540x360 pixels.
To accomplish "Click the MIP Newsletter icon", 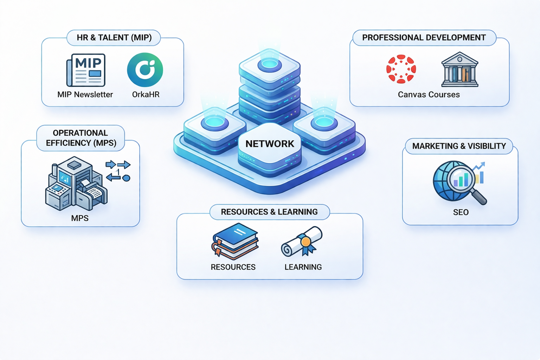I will pos(86,70).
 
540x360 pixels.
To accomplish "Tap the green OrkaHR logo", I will pos(145,70).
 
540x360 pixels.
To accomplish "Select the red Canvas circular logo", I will pos(401,69).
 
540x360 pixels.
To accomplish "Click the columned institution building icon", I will pos(459,70).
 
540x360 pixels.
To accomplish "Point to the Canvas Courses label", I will pos(429,95).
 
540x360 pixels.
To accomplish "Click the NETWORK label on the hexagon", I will pos(270,144).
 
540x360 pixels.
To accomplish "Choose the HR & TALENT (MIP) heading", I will pos(114,38).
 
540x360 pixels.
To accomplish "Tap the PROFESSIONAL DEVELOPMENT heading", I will pos(424,38).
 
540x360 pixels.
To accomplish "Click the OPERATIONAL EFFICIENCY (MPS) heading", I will pos(81,138).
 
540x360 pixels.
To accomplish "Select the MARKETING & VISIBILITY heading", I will pos(459,146).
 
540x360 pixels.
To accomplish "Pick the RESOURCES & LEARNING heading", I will pos(269,212).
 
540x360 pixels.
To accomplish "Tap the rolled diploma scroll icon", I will pos(302,241).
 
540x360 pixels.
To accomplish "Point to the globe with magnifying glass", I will pos(459,182).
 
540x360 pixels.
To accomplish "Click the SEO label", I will pos(461,212).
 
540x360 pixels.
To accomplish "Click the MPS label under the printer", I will pos(80,218).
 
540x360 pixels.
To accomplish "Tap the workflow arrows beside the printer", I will pos(118,171).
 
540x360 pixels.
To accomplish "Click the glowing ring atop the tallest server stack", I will pos(270,64).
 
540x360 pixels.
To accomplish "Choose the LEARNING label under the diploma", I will pos(303,267).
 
